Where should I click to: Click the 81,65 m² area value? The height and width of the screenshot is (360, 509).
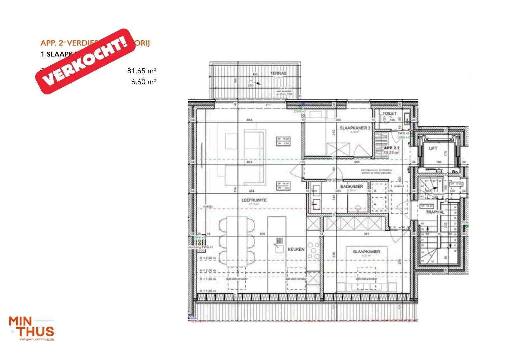141,71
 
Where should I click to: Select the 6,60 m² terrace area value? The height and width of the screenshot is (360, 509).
143,82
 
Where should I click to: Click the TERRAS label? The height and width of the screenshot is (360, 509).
278,73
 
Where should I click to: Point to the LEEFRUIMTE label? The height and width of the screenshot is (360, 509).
254,200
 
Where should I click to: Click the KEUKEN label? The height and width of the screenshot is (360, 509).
296,249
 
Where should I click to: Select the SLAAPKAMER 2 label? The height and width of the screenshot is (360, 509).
355,128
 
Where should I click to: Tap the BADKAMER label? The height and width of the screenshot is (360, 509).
351,186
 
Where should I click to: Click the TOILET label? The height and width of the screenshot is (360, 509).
390,114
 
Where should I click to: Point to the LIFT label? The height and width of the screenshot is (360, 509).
433,148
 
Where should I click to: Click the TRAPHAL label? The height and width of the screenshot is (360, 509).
435,212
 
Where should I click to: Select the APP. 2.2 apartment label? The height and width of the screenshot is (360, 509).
391,148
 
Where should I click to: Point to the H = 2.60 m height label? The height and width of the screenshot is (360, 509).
208,258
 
